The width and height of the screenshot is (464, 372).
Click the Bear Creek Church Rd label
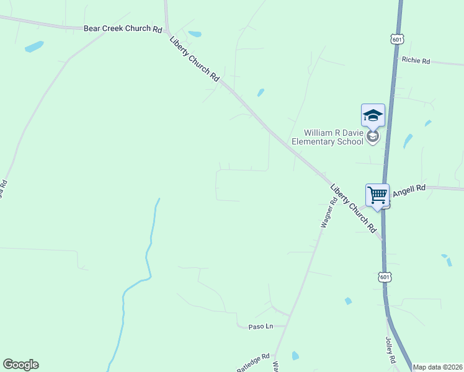click(123, 29)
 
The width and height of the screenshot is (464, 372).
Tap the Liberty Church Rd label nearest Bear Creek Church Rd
click(195, 60)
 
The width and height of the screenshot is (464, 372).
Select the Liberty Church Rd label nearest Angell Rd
click(354, 208)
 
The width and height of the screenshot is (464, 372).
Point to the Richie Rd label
click(416, 60)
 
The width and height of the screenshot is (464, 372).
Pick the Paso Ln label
click(261, 326)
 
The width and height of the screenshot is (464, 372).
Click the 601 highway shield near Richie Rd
click(398, 39)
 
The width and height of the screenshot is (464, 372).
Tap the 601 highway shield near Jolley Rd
click(385, 277)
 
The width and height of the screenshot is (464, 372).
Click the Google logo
click(20, 365)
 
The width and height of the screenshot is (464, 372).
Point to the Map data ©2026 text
click(438, 367)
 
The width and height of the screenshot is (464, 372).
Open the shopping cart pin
click(377, 195)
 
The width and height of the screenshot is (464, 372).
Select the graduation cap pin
click(373, 115)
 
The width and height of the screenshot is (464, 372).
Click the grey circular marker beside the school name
click(372, 136)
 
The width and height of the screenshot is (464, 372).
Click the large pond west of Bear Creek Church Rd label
click(34, 46)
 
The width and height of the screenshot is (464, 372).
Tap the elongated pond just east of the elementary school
click(408, 141)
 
